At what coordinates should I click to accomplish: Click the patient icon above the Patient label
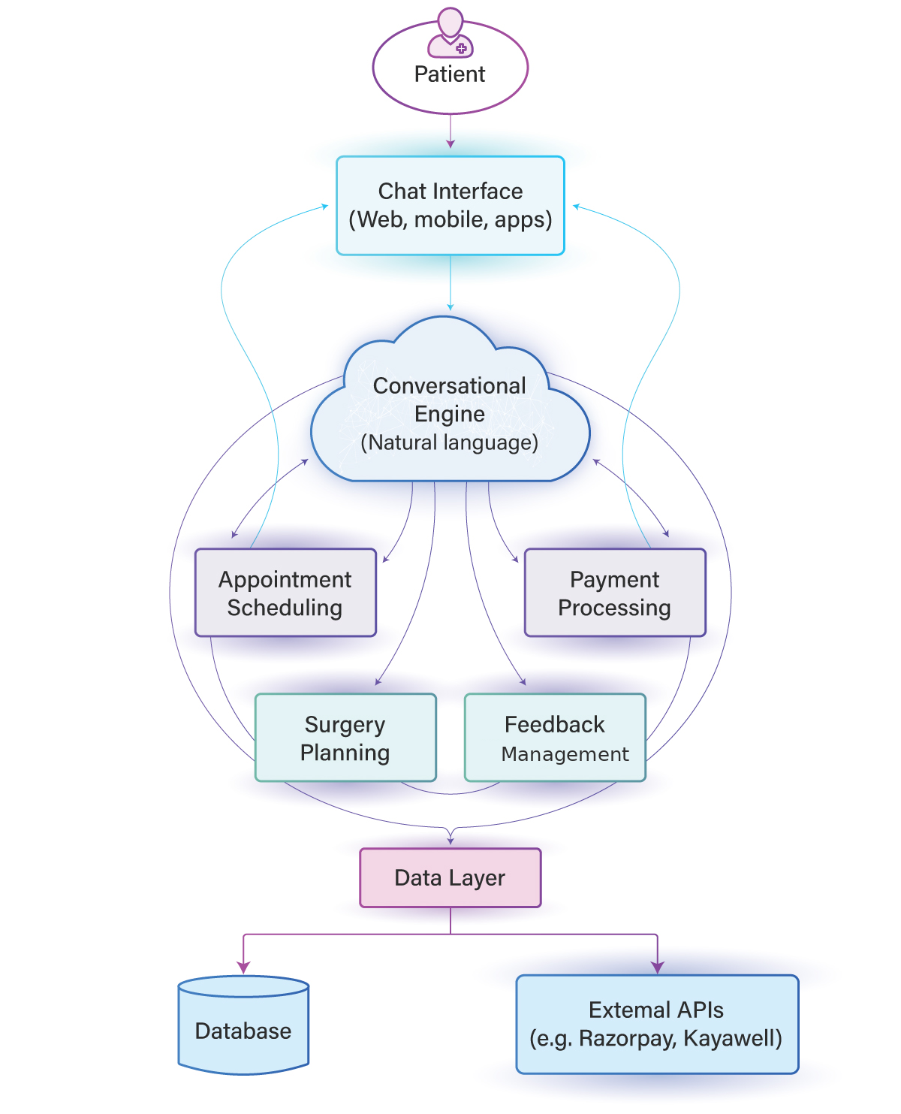(450, 33)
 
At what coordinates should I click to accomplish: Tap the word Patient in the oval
(450, 74)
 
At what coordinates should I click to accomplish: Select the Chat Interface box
(450, 205)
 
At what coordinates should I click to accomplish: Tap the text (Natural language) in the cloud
(450, 442)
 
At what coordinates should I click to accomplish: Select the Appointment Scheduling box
(285, 593)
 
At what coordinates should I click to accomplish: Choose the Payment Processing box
(615, 593)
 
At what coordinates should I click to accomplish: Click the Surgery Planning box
(345, 738)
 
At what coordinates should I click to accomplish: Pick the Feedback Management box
(555, 738)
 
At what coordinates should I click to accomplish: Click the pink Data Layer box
(450, 877)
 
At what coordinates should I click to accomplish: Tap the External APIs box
(657, 1024)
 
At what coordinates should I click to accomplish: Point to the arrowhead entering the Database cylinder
(243, 968)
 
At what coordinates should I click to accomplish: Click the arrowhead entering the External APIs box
(658, 968)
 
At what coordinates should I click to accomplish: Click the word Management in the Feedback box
(565, 754)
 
